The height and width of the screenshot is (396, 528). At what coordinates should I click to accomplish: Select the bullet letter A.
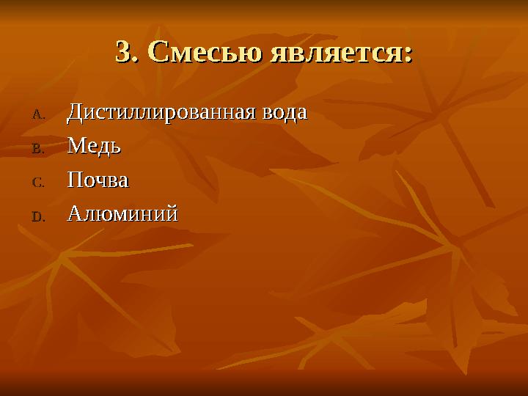(x=38, y=114)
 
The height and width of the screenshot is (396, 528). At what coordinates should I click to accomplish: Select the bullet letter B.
(x=38, y=148)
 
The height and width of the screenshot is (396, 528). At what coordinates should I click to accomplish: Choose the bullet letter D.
(x=38, y=216)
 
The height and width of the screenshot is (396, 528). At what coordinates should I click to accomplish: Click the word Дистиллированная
(x=161, y=114)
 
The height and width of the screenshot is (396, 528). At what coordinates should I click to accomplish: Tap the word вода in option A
(x=284, y=114)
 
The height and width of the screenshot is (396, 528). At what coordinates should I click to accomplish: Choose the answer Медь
(x=94, y=147)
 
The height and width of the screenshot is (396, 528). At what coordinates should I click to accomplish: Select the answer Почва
(x=98, y=180)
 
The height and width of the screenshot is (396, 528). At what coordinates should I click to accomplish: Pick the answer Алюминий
(x=122, y=214)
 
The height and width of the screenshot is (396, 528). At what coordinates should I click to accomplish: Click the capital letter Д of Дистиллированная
(x=74, y=114)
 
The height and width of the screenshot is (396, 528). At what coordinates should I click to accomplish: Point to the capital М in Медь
(x=76, y=147)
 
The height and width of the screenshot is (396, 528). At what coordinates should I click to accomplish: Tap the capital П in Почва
(x=74, y=180)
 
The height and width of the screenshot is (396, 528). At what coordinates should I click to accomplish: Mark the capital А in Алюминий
(x=74, y=214)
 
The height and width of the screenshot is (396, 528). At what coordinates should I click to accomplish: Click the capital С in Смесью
(x=158, y=52)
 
